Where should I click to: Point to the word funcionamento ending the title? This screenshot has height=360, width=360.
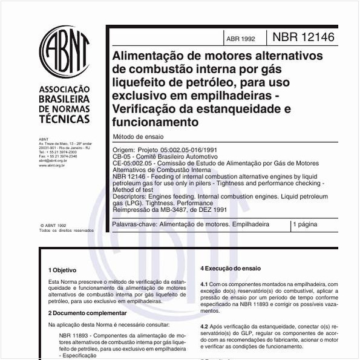point(155,122)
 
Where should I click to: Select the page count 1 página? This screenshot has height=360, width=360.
point(305,224)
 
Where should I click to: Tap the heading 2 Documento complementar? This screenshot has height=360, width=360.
point(87,313)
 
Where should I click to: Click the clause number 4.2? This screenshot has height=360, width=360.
point(204,325)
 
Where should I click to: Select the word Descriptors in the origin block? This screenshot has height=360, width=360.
point(127,197)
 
